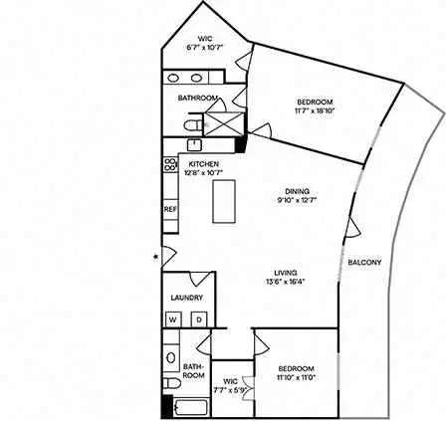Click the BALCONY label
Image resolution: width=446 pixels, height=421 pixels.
(x=364, y=263)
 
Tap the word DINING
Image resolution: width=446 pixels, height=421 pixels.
(x=296, y=191)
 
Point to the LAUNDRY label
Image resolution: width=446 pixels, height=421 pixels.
(x=187, y=298)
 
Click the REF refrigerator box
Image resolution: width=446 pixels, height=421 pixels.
(x=170, y=210)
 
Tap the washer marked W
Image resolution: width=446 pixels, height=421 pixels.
(x=173, y=318)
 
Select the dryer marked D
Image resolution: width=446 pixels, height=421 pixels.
(x=197, y=318)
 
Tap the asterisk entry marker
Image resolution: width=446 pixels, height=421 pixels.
(x=155, y=258)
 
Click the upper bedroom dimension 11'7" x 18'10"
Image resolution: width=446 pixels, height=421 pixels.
(x=315, y=110)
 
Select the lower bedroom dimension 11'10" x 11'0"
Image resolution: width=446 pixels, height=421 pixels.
(x=296, y=376)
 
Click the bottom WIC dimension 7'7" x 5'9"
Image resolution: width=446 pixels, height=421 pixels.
(x=232, y=389)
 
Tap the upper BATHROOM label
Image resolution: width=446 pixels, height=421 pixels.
(x=198, y=98)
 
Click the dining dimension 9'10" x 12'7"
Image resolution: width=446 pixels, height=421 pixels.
(x=296, y=199)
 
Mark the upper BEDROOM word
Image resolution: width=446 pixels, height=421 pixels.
(x=315, y=103)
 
